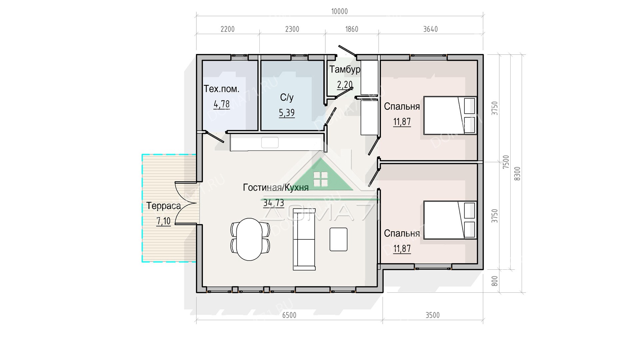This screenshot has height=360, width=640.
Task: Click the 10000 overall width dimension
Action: pos(339,12)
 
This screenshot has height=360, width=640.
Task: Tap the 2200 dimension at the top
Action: pos(228,29)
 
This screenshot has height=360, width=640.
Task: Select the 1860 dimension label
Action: pos(352,29)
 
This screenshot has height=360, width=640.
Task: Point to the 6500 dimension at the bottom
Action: pos(289,315)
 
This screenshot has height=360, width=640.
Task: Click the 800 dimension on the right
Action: pos(495,281)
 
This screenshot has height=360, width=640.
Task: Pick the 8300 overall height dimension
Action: pos(517,174)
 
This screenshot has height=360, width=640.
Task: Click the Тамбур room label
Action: pos(345,69)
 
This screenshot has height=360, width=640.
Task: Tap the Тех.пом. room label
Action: pos(221,89)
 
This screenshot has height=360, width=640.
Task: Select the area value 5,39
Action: pos(287,113)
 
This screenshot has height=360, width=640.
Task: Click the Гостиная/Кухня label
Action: pos(276,188)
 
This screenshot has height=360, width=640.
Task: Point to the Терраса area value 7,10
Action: pos(163,221)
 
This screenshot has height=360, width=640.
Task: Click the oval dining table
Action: pos(250,239)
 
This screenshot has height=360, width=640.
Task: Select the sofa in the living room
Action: pos(304,239)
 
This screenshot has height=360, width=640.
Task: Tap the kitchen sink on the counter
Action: pos(270,142)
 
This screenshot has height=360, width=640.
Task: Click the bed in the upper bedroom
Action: pos(450,115)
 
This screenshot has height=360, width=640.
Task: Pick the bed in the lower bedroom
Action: pos(450,220)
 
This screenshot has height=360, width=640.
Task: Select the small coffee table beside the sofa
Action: pos(338,239)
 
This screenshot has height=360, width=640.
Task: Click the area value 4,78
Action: pos(222,104)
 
